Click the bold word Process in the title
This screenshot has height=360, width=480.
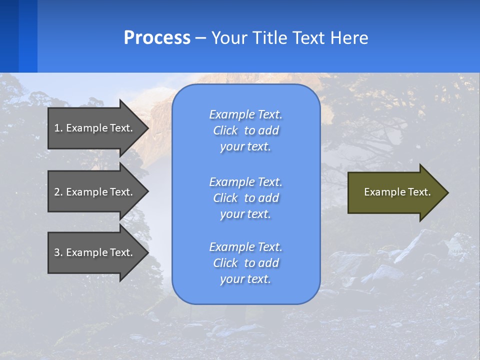157,38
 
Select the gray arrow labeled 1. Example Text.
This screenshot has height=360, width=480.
95,128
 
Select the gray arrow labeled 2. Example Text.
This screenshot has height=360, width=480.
95,192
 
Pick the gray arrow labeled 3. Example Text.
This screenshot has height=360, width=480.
95,252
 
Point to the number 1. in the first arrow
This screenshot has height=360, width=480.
58,128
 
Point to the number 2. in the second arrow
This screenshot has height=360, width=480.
58,192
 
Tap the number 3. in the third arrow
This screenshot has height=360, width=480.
58,252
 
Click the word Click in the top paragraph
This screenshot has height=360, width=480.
225,130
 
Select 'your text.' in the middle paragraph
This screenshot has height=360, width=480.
245,214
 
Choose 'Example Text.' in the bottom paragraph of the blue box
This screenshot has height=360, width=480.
245,247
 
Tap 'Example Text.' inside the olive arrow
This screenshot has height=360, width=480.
397,192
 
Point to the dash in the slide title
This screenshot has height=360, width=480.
200,38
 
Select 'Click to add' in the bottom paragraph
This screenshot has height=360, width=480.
245,263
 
